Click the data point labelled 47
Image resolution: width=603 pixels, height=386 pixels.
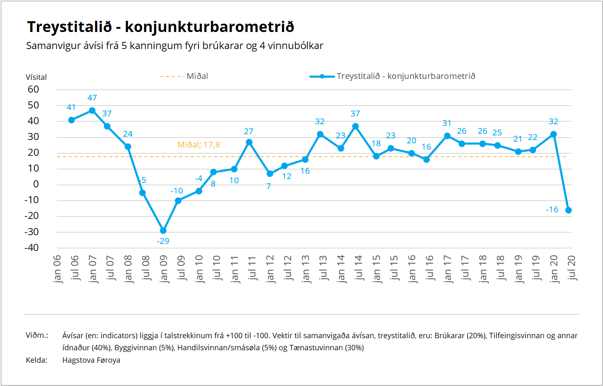coord(92,111)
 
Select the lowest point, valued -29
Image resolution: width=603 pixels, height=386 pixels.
coord(163,231)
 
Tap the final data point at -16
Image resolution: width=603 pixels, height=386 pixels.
coord(569,210)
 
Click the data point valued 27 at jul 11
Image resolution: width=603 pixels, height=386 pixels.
coord(249,142)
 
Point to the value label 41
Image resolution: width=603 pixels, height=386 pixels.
coord(71,107)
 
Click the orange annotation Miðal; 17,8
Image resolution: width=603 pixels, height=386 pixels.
coord(199,145)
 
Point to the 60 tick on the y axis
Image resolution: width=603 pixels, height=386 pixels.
coord(33,89)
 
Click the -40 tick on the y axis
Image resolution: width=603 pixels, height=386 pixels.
coord(32,248)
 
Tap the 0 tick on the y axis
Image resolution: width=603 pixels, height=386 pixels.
coord(36,184)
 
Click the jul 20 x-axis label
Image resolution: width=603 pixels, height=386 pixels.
coord(572,268)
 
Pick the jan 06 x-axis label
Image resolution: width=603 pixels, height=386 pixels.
coord(57,269)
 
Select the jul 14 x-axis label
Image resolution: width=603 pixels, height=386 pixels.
coord(358,268)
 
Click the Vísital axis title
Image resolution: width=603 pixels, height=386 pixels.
coord(36,77)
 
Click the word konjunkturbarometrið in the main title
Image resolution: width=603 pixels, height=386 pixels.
coord(209,27)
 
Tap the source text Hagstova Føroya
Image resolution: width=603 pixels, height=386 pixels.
coord(91,360)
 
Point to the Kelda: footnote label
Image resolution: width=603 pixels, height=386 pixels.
coord(37,360)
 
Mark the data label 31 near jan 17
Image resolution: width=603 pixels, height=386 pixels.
coord(447,123)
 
